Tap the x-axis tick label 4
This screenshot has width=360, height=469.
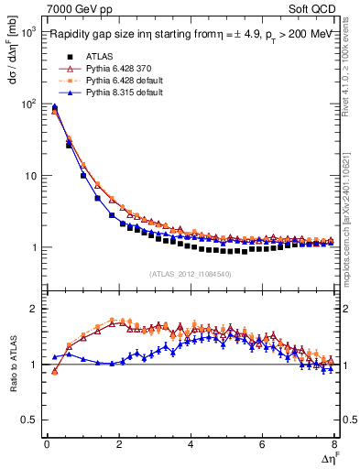[191, 444]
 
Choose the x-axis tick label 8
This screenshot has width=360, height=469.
[334, 444]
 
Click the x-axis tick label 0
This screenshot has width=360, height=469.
[47, 444]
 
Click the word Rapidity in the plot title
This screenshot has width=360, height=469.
[71, 36]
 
